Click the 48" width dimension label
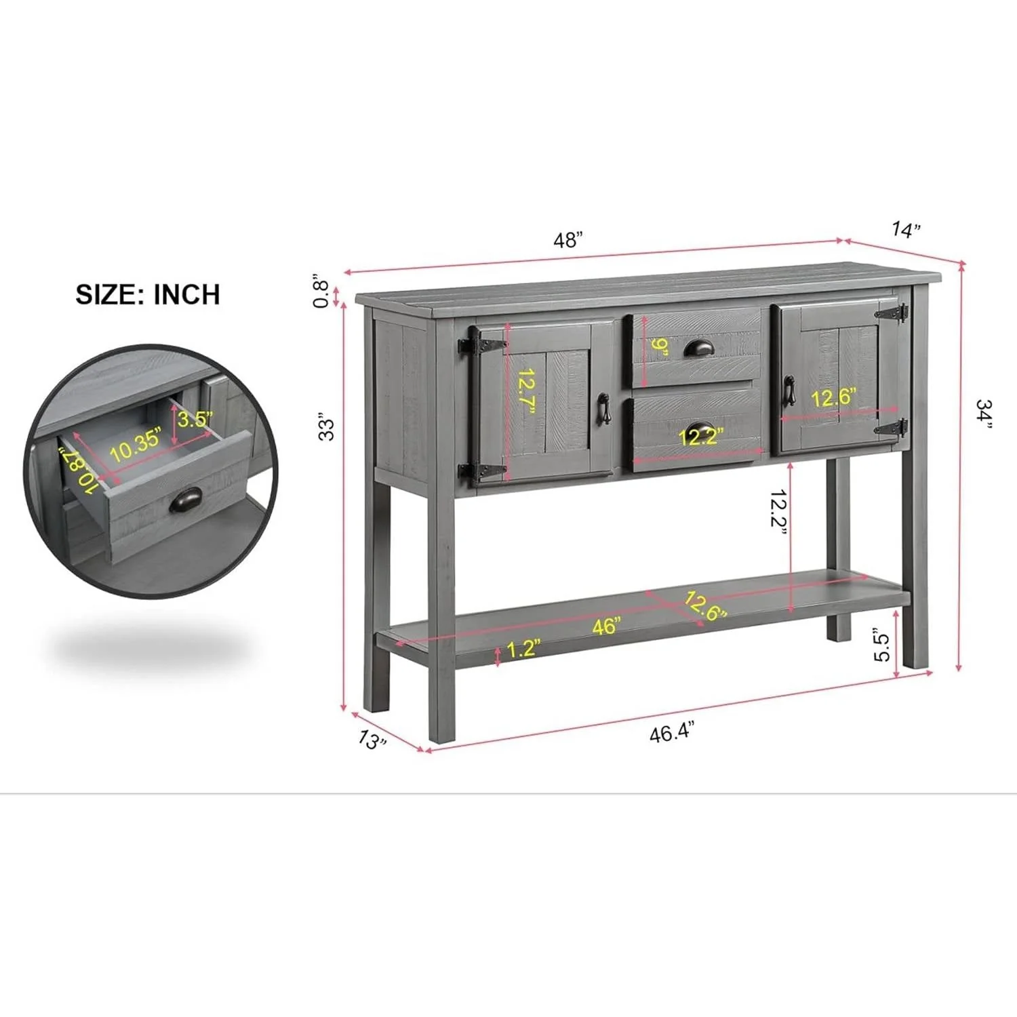pos(568,239)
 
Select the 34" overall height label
pos(984,414)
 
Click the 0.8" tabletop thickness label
pos(321,291)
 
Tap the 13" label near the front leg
pos(372,739)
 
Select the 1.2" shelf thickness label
pos(523,648)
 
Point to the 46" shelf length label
pos(606,625)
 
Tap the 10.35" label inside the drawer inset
pos(136,444)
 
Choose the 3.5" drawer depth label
pos(195,418)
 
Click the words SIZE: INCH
pos(148,294)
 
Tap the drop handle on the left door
pos(603,409)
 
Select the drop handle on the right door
pos(789,391)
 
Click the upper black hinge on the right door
pos(892,313)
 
